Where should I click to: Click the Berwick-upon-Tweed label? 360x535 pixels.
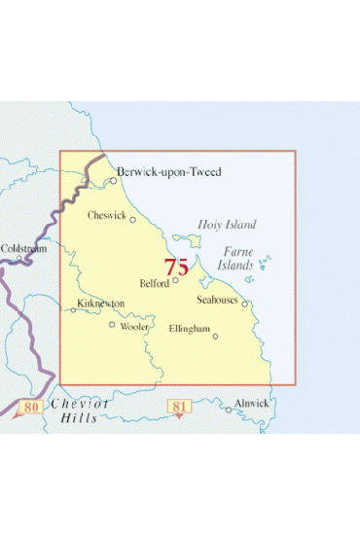point(169,172)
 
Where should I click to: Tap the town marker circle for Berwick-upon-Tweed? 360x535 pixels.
point(113,180)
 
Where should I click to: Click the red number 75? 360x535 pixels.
point(176,267)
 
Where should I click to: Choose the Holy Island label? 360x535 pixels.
point(227,225)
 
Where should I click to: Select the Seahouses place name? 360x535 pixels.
point(217,301)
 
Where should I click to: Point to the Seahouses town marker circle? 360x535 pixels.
point(245,303)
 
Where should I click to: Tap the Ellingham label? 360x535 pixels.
point(189,330)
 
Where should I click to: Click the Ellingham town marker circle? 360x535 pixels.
point(215,337)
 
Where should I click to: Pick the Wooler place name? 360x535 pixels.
point(133,328)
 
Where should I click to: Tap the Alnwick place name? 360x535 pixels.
point(251,402)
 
